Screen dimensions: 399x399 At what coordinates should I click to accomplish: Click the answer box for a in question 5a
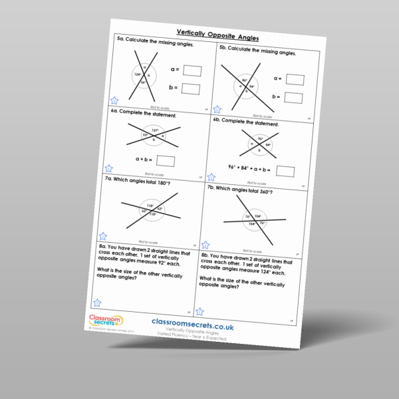(192, 70)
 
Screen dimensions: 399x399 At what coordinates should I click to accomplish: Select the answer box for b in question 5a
(191, 89)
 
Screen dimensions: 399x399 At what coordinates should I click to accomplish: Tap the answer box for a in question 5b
(295, 80)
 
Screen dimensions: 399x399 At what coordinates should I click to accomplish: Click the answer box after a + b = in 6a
(166, 161)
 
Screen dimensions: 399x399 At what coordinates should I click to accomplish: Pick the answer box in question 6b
(285, 172)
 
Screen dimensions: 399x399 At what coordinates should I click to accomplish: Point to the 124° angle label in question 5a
(137, 74)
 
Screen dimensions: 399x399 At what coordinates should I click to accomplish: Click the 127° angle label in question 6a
(155, 130)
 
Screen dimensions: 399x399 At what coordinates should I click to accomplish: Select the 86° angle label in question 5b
(245, 80)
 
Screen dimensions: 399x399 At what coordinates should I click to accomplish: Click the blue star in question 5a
(114, 100)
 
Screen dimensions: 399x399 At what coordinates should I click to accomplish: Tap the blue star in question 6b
(211, 178)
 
